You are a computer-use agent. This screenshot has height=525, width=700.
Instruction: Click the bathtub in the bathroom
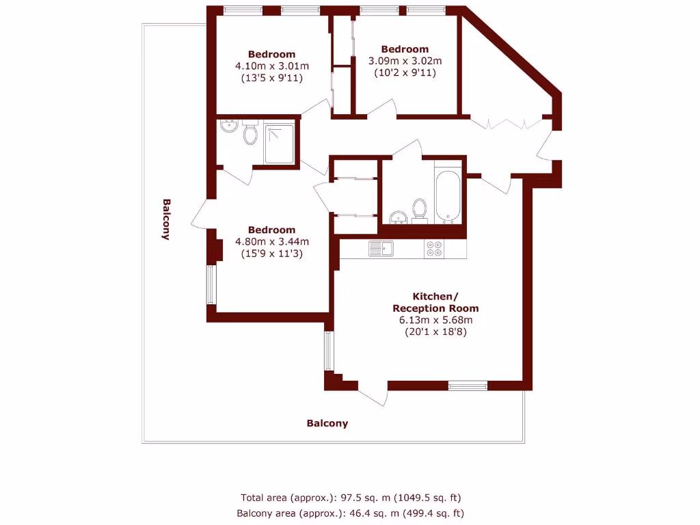coord(449,197)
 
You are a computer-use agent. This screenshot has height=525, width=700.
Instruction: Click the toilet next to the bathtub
coord(419,209)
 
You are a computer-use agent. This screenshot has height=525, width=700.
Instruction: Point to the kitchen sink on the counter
coord(381,248)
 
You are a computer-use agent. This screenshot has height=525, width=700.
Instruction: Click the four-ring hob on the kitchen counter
coord(434,248)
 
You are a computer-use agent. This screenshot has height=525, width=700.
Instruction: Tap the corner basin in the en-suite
coord(228,126)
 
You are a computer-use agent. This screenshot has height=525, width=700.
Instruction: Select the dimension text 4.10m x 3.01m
coord(272,66)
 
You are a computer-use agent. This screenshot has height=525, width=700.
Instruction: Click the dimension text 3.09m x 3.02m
coord(405,61)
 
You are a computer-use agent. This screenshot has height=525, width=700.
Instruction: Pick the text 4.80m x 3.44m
coord(272,241)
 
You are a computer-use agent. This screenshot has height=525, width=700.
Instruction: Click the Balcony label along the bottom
coord(327,423)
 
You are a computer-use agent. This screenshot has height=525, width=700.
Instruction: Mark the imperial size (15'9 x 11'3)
coord(272,253)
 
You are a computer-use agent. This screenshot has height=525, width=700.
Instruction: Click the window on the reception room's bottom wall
coord(468,386)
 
